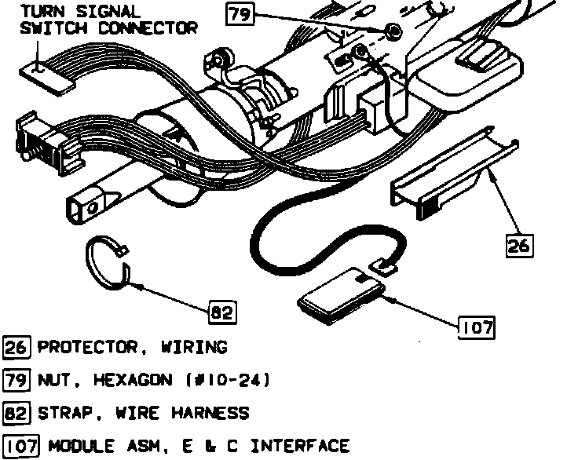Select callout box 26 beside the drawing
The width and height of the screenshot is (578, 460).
coord(518,245)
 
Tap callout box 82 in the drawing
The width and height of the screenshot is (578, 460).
coord(222,312)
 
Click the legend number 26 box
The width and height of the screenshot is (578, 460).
coord(16,347)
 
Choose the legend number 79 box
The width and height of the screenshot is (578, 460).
coord(16,381)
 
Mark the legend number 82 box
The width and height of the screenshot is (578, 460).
coord(16,413)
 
